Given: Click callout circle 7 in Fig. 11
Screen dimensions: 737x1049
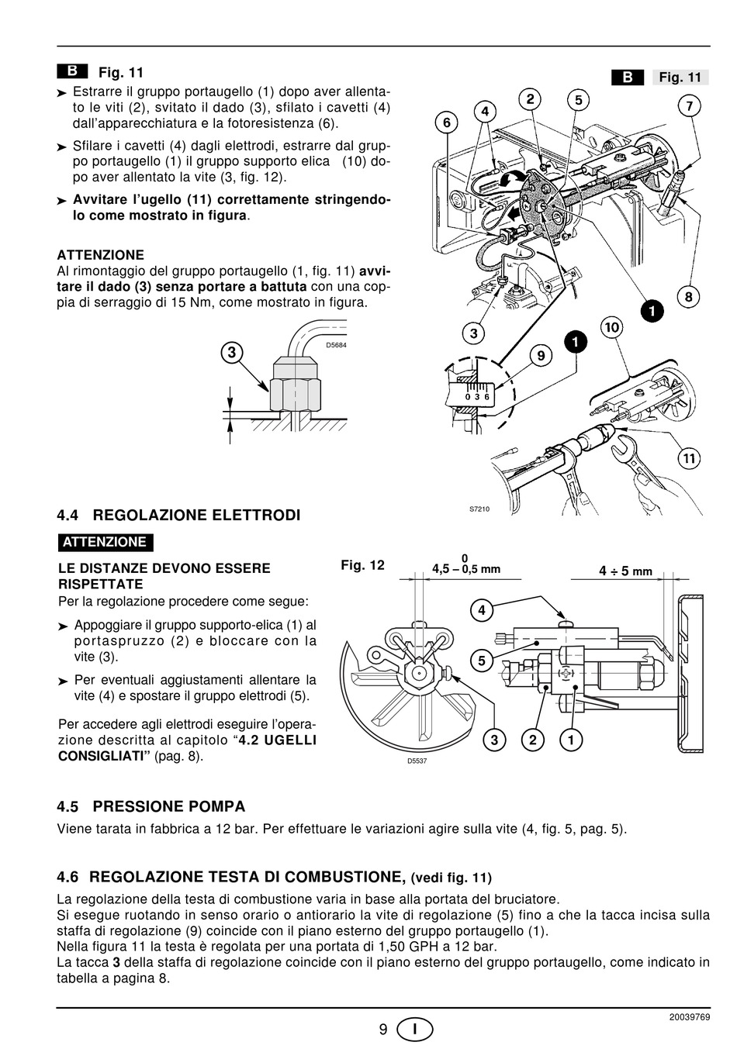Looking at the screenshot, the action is (x=689, y=106).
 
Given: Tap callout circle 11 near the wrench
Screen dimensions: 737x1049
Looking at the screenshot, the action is (x=688, y=457).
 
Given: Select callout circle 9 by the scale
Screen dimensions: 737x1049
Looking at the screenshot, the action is (x=542, y=355).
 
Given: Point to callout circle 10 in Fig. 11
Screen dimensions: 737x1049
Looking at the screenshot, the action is (x=612, y=327).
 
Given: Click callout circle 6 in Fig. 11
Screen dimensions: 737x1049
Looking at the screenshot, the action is (x=447, y=122).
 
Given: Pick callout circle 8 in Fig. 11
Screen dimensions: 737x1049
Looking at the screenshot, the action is (x=688, y=296).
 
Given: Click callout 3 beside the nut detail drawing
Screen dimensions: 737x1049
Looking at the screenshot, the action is (x=232, y=352).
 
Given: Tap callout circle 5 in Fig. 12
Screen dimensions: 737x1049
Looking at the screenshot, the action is (x=482, y=661).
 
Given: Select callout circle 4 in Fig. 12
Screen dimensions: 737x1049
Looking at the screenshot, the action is (x=482, y=609).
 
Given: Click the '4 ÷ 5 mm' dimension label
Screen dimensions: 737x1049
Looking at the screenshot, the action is (x=625, y=571).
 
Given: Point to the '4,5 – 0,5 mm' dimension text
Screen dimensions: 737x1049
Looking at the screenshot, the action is (x=465, y=569).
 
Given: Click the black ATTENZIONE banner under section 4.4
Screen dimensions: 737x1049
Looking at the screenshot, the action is (x=106, y=542).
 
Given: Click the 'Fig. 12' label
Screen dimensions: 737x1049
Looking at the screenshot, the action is (x=362, y=565).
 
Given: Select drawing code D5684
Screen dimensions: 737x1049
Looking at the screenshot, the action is (x=336, y=346).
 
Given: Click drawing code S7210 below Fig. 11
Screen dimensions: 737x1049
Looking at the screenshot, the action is (x=479, y=509).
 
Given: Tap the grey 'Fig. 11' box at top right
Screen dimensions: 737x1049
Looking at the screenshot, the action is (x=680, y=78).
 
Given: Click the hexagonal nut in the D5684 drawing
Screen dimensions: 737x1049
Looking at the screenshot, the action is (x=296, y=395).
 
